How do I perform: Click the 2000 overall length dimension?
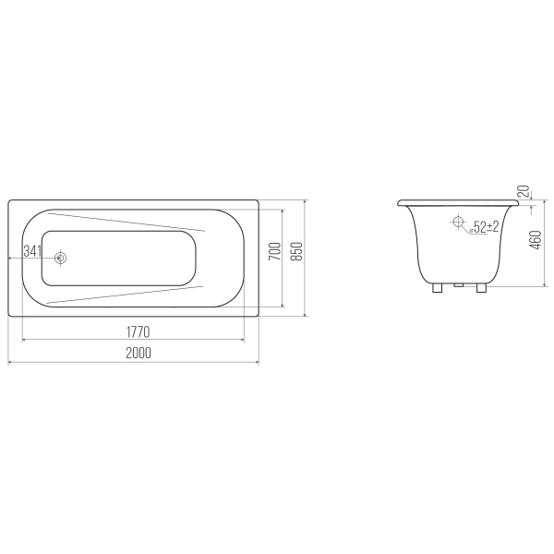138,353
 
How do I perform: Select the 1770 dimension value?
138,331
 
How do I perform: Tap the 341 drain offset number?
32,251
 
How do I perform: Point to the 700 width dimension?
275,251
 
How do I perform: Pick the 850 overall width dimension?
298,251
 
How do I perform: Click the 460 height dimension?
536,240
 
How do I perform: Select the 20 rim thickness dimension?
525,191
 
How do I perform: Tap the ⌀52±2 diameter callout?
484,227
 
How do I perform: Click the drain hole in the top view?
61,258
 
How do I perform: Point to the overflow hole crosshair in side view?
458,222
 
